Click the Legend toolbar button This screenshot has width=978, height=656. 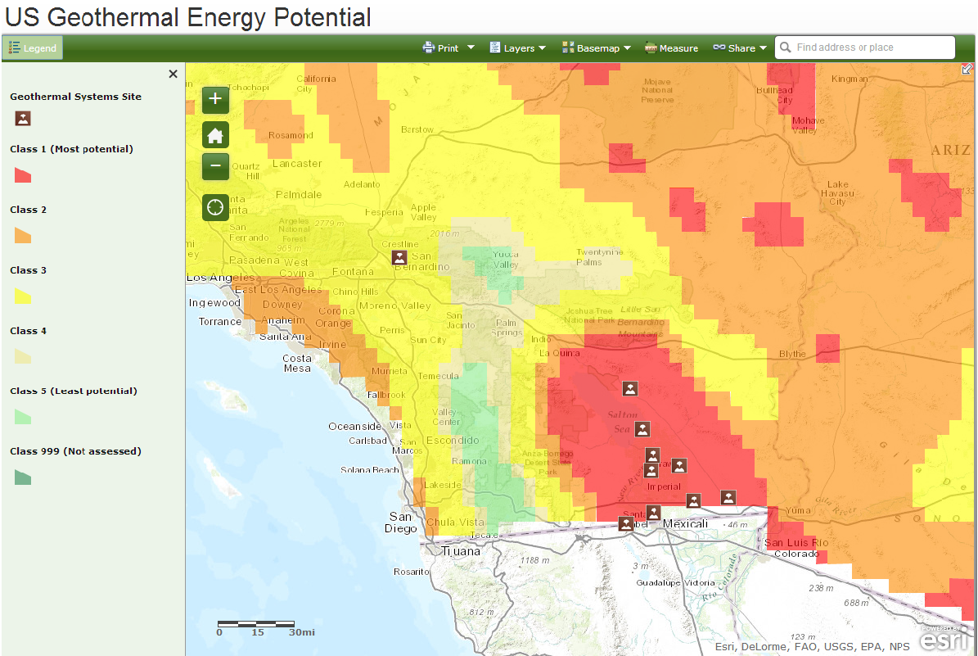[33, 48]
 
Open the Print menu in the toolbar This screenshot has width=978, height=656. [448, 48]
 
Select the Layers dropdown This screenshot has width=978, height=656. [517, 48]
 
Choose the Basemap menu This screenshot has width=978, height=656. [596, 48]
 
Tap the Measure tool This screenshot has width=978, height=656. [671, 48]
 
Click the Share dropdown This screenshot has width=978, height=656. [740, 48]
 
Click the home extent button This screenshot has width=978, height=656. [215, 136]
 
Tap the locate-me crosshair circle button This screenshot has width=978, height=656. [215, 207]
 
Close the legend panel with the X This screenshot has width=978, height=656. [173, 75]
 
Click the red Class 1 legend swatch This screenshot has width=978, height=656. [23, 175]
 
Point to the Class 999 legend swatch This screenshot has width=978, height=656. [23, 477]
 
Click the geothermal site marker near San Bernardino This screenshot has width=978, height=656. [399, 258]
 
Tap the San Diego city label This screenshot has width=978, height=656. [402, 523]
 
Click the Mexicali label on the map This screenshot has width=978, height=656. [685, 523]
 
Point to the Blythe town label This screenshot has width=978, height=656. [792, 354]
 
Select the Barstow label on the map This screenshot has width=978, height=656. [417, 129]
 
